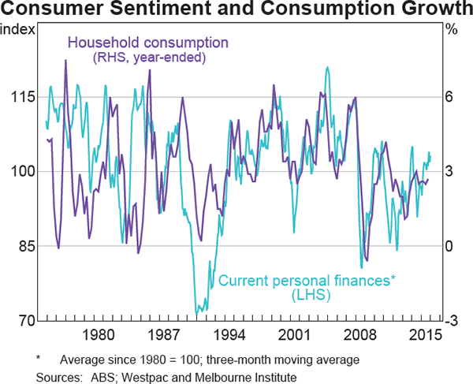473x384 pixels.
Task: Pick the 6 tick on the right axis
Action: (449, 96)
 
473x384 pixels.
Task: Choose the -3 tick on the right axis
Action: (451, 321)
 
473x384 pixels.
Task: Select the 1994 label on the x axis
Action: (228, 335)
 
